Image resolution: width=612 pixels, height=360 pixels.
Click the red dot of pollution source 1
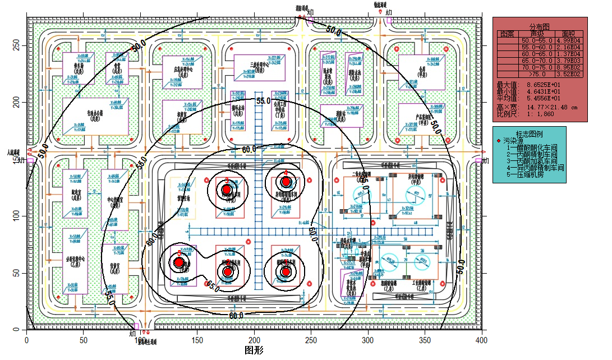tap(286, 272)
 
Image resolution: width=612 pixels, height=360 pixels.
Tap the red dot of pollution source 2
tap(228, 272)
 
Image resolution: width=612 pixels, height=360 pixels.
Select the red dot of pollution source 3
tap(227, 190)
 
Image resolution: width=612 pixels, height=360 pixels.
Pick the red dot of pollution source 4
tap(286, 181)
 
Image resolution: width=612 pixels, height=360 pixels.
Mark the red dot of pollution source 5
tap(179, 262)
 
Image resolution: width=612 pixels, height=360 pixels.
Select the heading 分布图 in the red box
tap(539, 26)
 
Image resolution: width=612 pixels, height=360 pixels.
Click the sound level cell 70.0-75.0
tap(537, 68)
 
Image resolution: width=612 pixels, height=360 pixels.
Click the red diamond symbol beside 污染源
tap(499, 141)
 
